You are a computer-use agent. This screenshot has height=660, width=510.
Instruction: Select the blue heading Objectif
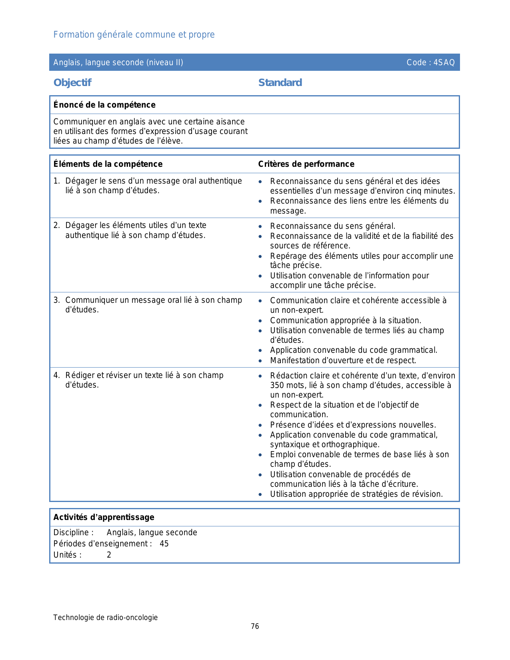[x=72, y=83]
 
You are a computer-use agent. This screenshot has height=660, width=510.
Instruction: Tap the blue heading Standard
[x=280, y=83]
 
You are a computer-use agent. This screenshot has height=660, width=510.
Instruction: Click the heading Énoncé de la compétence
[x=104, y=105]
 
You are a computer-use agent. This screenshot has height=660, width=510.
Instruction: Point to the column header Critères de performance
[x=306, y=164]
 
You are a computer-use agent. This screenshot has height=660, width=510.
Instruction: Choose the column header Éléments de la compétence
[x=108, y=164]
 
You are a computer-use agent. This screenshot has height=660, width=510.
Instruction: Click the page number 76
[x=255, y=626]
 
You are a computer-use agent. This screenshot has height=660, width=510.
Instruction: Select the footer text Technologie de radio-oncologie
[x=105, y=618]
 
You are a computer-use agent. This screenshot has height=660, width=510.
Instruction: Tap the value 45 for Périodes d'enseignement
[x=164, y=544]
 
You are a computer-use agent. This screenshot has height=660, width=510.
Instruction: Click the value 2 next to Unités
[x=109, y=555]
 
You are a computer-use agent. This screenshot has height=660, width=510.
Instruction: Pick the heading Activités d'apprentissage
[x=104, y=517]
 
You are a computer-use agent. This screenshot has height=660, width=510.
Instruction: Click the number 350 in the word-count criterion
[x=277, y=385]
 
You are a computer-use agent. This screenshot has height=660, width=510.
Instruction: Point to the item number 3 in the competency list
[x=56, y=300]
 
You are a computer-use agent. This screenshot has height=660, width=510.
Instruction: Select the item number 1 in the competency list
[x=56, y=181]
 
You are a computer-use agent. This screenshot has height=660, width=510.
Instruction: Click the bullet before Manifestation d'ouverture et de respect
[x=260, y=361]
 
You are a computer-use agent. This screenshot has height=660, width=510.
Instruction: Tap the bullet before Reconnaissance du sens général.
[x=260, y=226]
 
